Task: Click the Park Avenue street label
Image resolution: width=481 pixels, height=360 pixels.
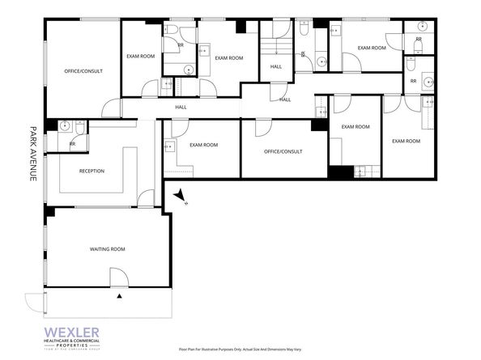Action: coord(34,153)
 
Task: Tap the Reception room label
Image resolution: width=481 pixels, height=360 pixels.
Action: coord(92,171)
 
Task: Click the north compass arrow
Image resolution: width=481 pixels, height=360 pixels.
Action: coord(181,196)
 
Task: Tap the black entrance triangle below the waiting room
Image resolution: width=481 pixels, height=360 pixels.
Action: coord(121,298)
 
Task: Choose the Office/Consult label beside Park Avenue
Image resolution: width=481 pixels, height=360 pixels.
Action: coord(82,71)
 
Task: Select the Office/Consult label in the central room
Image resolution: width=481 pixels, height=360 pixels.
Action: coord(283,151)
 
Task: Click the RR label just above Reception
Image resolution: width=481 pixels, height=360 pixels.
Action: coord(72,145)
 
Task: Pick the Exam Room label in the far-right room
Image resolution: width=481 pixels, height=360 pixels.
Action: coord(406,141)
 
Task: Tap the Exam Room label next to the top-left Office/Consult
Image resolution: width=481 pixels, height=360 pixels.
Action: coord(140,56)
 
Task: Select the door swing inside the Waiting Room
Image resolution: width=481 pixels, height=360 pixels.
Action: coord(118,277)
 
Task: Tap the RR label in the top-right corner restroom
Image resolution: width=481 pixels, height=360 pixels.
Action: coord(419,39)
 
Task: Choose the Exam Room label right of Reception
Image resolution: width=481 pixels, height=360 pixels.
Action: coord(203,145)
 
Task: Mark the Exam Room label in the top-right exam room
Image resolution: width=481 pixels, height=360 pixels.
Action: coord(372,48)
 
